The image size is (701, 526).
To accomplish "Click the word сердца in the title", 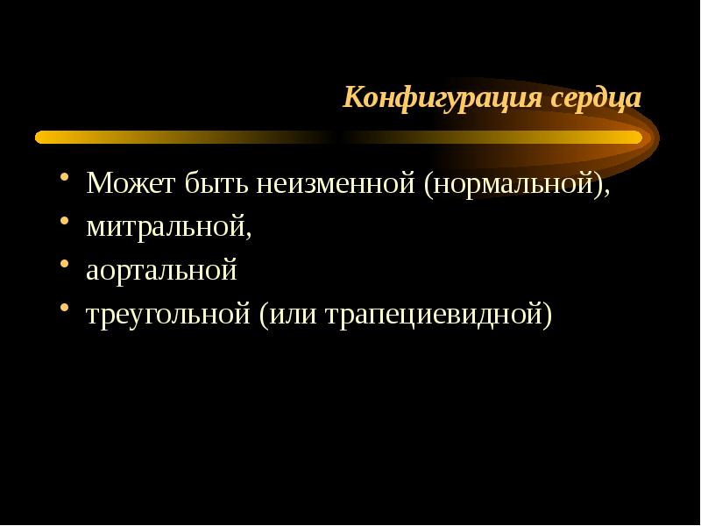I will [596, 97].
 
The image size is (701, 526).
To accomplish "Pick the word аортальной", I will [161, 270].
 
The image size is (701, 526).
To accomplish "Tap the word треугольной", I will [168, 313].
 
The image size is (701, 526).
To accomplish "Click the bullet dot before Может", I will [65, 181].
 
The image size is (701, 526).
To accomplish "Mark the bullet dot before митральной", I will [65, 224].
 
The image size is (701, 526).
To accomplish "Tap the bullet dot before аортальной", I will [65, 267].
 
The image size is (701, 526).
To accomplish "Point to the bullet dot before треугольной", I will [65, 309].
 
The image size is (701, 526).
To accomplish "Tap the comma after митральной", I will [248, 233].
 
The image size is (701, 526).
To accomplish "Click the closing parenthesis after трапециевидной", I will [549, 314].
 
